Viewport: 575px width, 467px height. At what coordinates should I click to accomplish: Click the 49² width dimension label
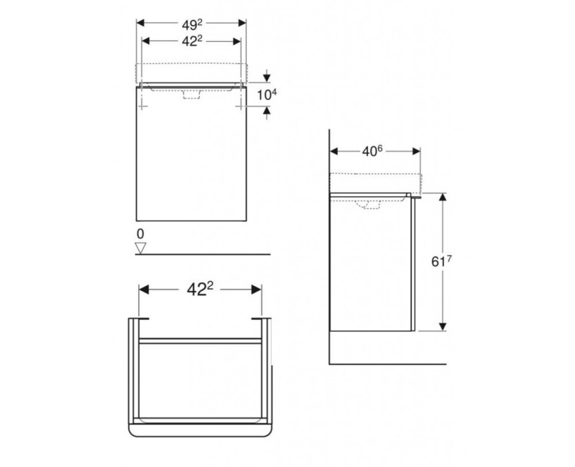click(x=191, y=22)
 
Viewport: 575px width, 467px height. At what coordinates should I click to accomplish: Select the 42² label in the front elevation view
click(x=191, y=42)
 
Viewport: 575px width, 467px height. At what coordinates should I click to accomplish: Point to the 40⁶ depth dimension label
click(x=374, y=152)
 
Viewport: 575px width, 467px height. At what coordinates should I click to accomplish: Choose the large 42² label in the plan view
click(x=200, y=289)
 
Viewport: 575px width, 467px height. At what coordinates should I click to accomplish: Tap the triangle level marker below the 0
click(x=141, y=248)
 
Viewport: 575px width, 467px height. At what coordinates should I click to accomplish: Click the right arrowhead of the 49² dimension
click(x=241, y=22)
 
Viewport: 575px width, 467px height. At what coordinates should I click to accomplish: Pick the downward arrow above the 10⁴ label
click(x=267, y=76)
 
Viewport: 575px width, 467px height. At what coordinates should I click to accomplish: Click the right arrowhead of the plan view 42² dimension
click(x=256, y=289)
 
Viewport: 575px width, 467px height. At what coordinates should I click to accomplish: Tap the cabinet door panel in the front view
click(x=191, y=165)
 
